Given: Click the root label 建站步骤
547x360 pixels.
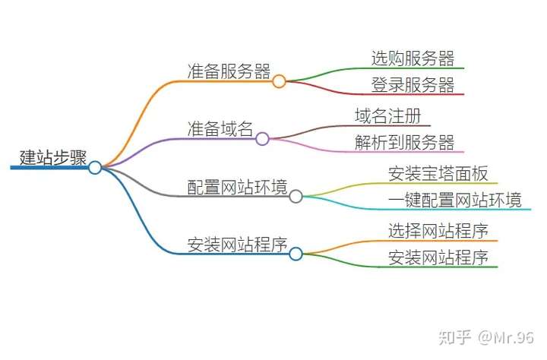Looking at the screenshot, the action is [x=53, y=158].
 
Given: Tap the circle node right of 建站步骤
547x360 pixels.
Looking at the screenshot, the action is [x=95, y=167].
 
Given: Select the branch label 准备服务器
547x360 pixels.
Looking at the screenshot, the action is [x=229, y=71].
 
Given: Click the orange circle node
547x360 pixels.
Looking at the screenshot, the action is [x=279, y=81].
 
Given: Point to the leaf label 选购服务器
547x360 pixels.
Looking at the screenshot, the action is [x=413, y=58].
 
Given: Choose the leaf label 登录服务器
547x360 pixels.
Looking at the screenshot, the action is [x=413, y=85].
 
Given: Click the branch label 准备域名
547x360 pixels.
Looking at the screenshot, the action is [x=220, y=129].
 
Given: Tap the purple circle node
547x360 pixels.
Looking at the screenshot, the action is [x=262, y=139].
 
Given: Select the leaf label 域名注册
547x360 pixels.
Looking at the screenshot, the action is [x=388, y=115].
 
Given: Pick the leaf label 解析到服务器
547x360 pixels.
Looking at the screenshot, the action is [x=405, y=142].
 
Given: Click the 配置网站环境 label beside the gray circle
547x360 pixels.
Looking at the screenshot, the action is [x=237, y=187].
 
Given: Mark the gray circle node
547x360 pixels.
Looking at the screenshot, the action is [x=296, y=197].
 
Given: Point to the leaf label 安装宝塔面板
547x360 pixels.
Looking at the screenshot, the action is [x=438, y=174].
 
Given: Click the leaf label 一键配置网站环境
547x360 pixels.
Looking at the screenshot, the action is [x=455, y=200].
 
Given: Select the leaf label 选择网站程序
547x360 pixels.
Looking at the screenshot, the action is [x=438, y=231].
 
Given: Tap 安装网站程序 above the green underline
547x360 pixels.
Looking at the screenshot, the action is [x=438, y=257].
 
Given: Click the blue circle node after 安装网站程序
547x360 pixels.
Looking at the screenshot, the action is [x=296, y=254].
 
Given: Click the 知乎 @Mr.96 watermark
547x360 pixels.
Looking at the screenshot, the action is [x=486, y=337].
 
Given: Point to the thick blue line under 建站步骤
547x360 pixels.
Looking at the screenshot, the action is [x=49, y=167].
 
